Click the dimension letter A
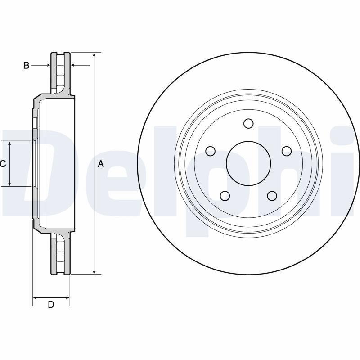(101, 164)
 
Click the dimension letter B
(27, 65)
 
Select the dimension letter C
(3, 164)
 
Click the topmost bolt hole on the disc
(248, 123)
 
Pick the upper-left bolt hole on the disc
(210, 151)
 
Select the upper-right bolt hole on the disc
(287, 151)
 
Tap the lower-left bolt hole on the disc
(225, 196)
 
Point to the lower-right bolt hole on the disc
(272, 196)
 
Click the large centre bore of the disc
(248, 163)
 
